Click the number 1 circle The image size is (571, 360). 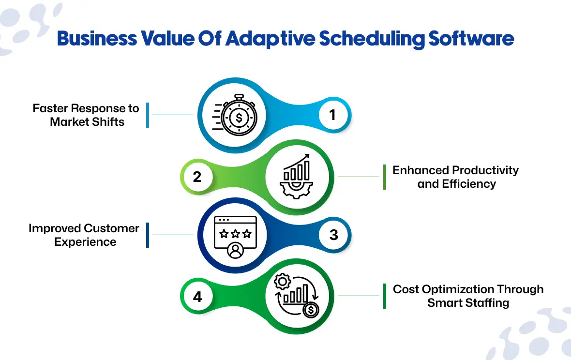point(332,115)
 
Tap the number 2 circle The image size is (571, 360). point(197,177)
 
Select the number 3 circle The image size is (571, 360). point(334,235)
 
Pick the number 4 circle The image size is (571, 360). point(197,296)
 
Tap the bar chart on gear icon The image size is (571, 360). point(297,177)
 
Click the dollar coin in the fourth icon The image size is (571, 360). point(310,309)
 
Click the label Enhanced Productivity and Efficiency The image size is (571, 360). point(456,177)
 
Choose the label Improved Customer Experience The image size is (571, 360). point(84,235)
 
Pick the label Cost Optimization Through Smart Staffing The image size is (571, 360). point(468,296)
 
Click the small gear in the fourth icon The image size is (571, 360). point(281,281)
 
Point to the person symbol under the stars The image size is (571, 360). point(235,251)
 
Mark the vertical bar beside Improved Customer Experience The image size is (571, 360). point(148,235)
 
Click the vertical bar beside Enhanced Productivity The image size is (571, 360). point(385,177)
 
